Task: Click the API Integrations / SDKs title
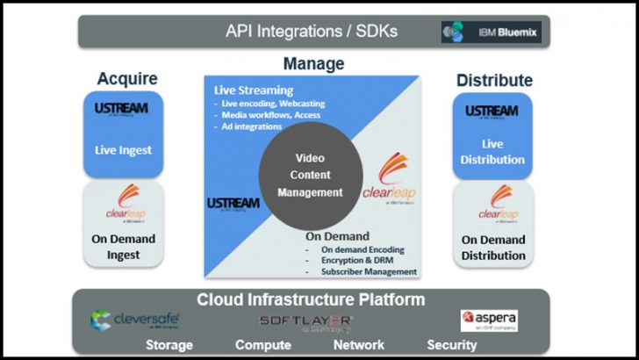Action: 312,32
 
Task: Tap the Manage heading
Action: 313,64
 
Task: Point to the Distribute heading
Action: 494,81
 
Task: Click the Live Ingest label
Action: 124,150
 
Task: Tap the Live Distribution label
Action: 492,152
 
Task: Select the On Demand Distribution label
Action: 493,248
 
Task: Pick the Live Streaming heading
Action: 254,90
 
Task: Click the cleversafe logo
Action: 134,320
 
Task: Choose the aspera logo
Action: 490,320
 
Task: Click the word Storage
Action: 169,345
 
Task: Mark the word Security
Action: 453,345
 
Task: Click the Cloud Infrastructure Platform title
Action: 311,299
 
